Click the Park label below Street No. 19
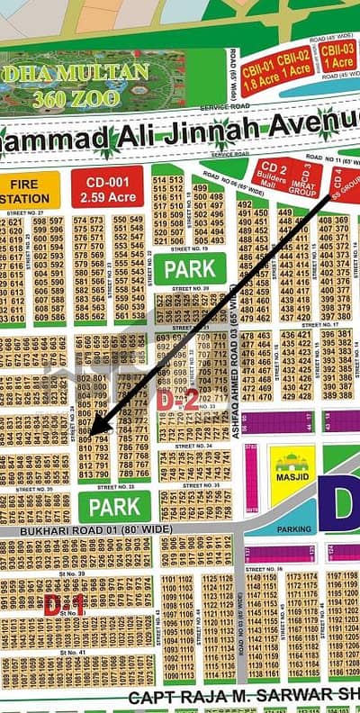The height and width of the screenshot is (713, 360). (x=190, y=267)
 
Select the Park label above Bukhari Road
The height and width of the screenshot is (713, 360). (x=115, y=506)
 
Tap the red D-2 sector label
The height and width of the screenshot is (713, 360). (x=178, y=401)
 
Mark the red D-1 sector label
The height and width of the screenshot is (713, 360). (x=65, y=605)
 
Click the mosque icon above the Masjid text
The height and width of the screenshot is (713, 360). (x=292, y=463)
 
